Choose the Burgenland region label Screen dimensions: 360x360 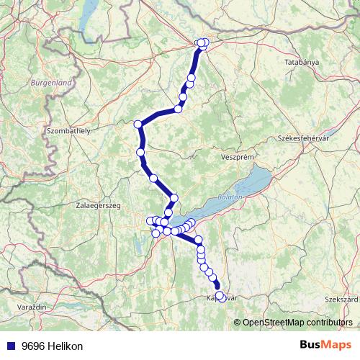point(50,83)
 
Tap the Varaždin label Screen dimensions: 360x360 point(31,307)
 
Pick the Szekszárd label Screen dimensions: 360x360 point(341,297)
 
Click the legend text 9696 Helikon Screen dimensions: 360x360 point(53,346)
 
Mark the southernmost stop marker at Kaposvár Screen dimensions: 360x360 point(220,296)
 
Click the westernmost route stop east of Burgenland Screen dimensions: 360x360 point(138,124)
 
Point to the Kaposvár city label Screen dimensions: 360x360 point(222,297)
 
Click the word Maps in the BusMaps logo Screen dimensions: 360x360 point(338,346)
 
